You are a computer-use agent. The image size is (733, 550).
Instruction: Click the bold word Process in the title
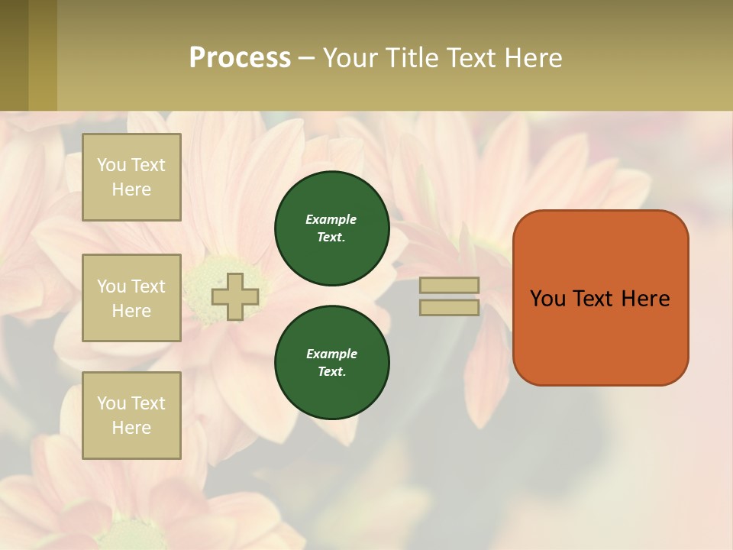click(240, 58)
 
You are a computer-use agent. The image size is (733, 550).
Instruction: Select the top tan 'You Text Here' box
click(131, 177)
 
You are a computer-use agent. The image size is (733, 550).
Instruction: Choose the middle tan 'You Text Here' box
click(131, 298)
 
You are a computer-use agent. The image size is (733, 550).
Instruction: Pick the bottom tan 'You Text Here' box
click(131, 415)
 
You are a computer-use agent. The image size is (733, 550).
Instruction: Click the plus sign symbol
click(235, 297)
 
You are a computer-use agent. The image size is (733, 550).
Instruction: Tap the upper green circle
click(332, 228)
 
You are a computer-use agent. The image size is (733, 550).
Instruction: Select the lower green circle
click(332, 363)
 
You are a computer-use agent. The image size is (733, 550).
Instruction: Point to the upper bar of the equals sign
click(450, 285)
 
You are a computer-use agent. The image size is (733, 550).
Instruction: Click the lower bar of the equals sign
click(450, 308)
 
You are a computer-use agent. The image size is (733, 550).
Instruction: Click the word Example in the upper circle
click(331, 219)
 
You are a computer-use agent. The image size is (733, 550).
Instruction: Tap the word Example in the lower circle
click(331, 354)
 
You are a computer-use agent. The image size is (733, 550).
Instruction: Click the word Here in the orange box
click(645, 299)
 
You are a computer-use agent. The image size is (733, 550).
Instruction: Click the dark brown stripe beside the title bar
click(14, 55)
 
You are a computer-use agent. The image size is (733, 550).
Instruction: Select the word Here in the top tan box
click(131, 189)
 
